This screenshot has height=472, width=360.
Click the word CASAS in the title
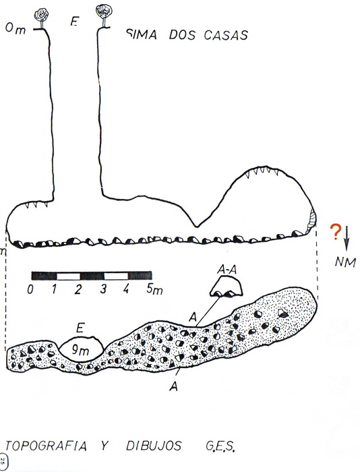[x=226, y=35]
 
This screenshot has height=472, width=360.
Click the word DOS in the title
[x=182, y=34]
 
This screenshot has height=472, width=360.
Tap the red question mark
[x=335, y=232]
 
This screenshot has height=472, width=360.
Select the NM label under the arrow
[x=345, y=262]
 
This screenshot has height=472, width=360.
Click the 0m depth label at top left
[x=16, y=29]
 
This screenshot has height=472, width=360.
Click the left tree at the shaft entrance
[x=41, y=19]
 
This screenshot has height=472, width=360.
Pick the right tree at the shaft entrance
[x=104, y=15]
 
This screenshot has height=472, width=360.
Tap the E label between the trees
[x=74, y=21]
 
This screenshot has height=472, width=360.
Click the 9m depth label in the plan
[x=80, y=349]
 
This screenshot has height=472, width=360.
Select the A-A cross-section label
[x=227, y=270]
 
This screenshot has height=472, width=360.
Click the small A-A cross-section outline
[x=226, y=287]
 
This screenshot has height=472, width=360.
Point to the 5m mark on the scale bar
[x=154, y=289]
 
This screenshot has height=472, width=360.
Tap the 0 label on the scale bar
[x=30, y=289]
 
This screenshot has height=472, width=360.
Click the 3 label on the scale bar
[x=103, y=289]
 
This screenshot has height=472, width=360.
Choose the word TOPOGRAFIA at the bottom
[x=46, y=446]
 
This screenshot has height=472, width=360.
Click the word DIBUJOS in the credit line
[x=154, y=446]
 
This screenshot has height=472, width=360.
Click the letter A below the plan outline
[x=174, y=386]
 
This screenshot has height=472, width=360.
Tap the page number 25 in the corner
[x=3, y=461]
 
